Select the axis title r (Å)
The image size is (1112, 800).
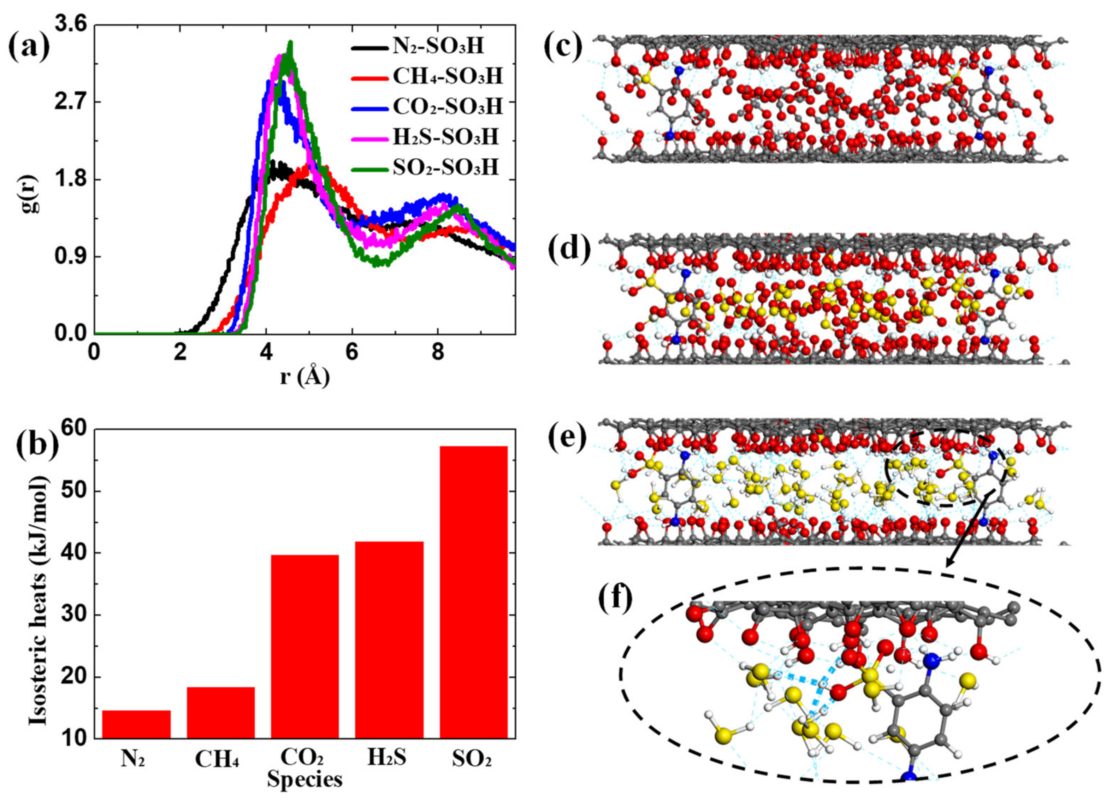(304, 378)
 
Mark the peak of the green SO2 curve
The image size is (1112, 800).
(291, 43)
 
